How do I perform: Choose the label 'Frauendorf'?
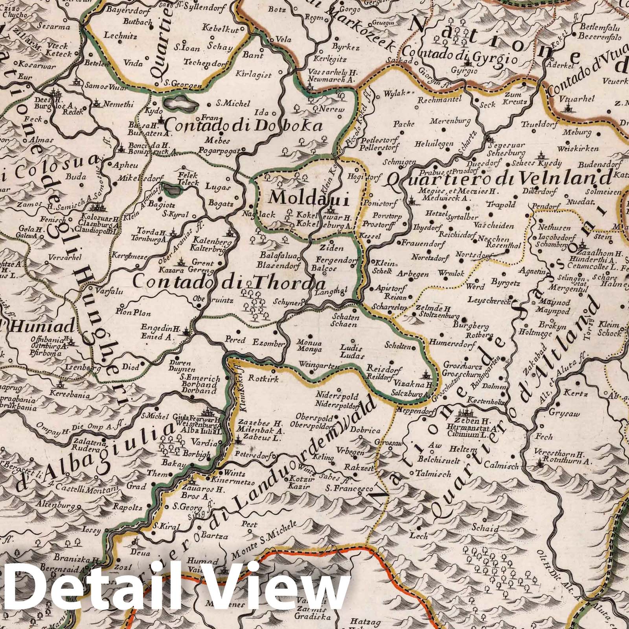[x=429, y=243]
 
